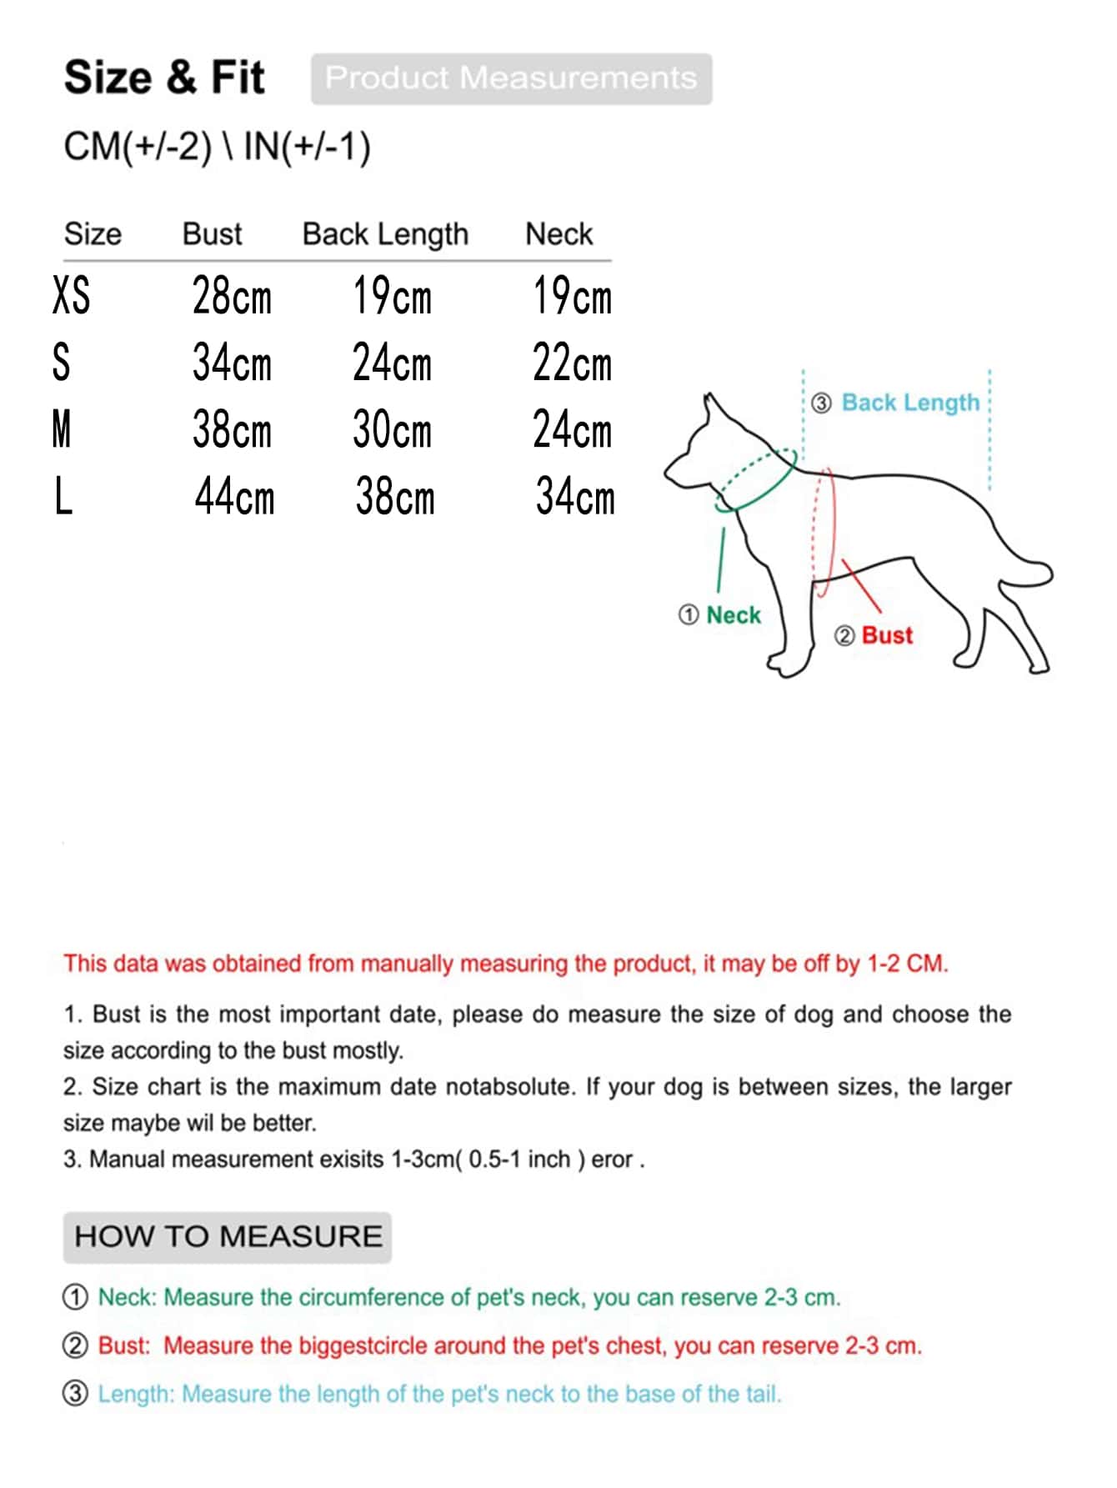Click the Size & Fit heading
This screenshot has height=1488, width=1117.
point(164,78)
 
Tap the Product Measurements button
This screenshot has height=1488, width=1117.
point(511,78)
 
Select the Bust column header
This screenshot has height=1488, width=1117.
point(212,234)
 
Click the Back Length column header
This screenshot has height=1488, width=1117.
point(385,234)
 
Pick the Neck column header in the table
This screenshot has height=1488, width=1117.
point(558,234)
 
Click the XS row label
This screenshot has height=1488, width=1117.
point(71,296)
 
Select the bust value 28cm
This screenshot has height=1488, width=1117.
point(232,296)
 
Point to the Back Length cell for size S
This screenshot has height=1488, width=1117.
point(392,363)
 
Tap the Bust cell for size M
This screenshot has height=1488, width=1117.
point(232,430)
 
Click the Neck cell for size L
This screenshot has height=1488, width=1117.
point(575,497)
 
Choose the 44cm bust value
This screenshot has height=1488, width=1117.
point(234,497)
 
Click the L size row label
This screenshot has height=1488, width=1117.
point(63,498)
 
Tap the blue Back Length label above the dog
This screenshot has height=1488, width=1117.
point(910,403)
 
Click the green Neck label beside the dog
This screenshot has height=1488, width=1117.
point(734,615)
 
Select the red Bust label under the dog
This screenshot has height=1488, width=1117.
point(887,635)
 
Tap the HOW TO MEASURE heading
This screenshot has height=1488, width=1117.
point(228,1236)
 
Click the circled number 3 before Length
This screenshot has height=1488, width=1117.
point(75,1394)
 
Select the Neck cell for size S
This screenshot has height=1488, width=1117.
point(572,363)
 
